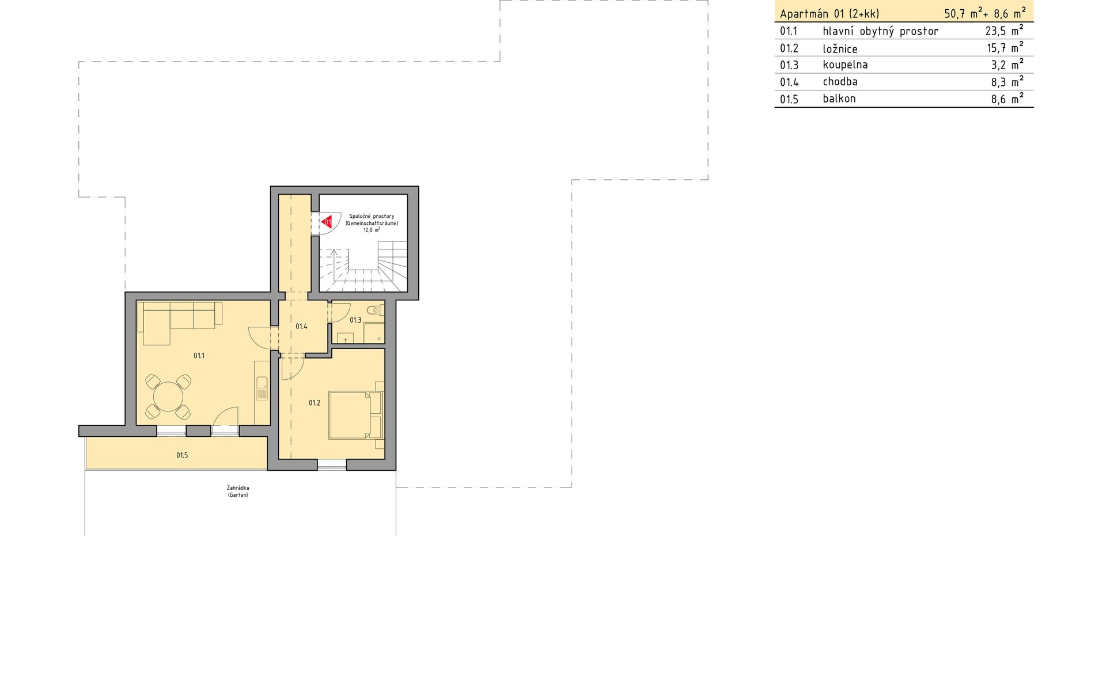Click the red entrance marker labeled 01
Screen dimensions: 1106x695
pyautogui.click(x=327, y=221)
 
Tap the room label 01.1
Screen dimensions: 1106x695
pyautogui.click(x=199, y=356)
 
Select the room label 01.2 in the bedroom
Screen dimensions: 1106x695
pyautogui.click(x=314, y=403)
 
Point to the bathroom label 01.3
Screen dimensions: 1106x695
pyautogui.click(x=355, y=320)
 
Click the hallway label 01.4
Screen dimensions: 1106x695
pyautogui.click(x=301, y=326)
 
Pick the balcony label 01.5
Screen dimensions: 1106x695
pyautogui.click(x=182, y=455)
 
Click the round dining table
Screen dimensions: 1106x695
pyautogui.click(x=168, y=396)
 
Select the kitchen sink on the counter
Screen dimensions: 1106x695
pyautogui.click(x=262, y=388)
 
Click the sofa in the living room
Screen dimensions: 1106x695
pyautogui.click(x=180, y=322)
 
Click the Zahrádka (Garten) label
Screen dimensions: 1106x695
pyautogui.click(x=238, y=491)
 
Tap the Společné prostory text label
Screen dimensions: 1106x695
pyautogui.click(x=372, y=216)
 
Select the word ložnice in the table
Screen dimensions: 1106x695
pyautogui.click(x=840, y=49)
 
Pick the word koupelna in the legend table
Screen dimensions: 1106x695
pyautogui.click(x=845, y=65)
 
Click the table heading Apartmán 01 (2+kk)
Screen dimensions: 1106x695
pyautogui.click(x=829, y=14)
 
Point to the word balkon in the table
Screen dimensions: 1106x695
pyautogui.click(x=839, y=99)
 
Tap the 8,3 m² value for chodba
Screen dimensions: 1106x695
pyautogui.click(x=1007, y=81)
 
